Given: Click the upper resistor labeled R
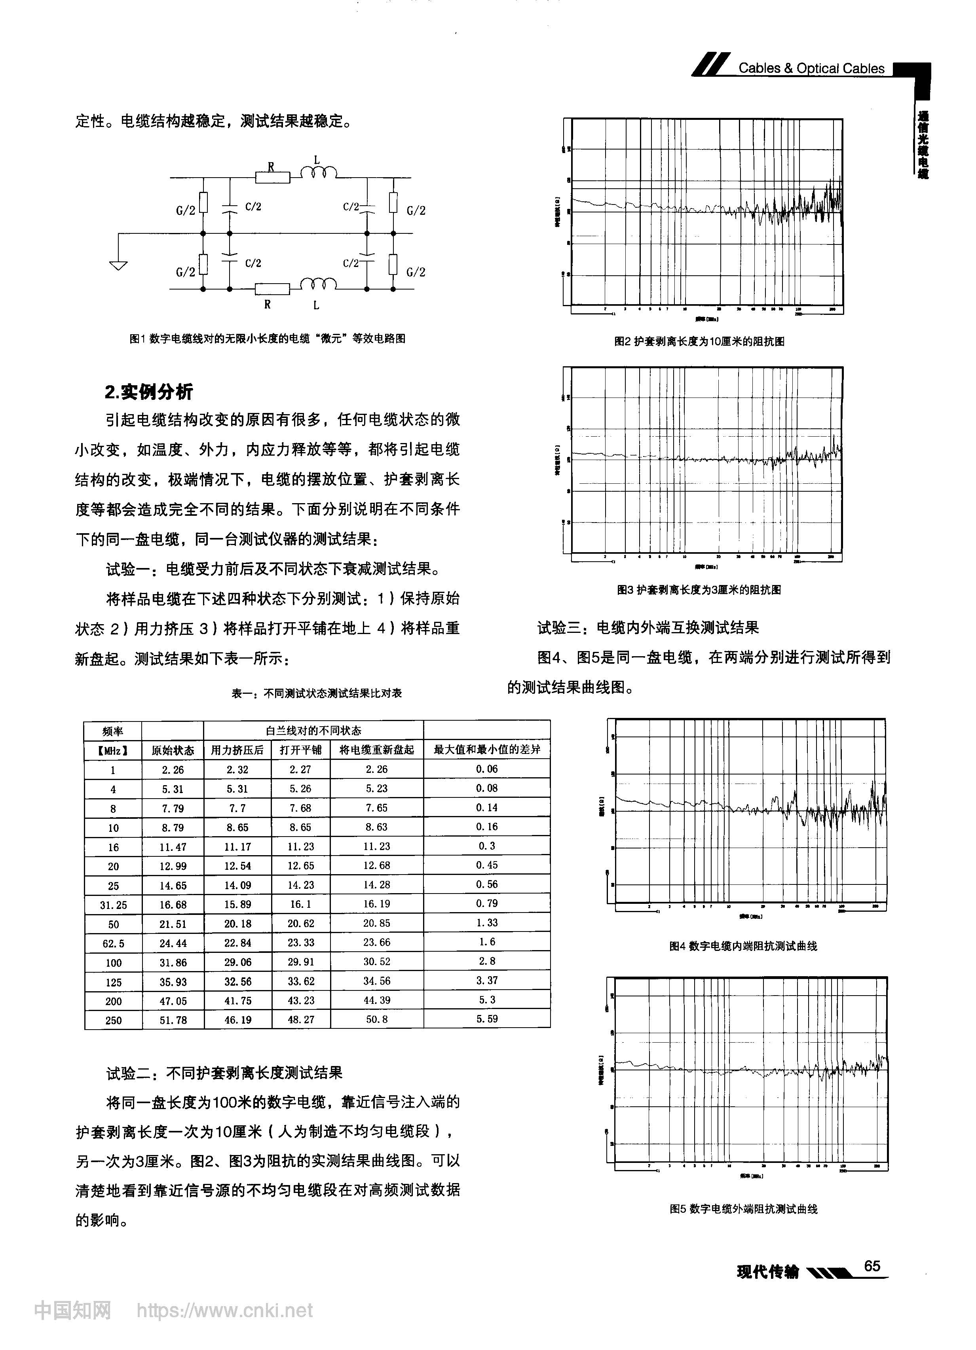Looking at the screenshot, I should point(272,177).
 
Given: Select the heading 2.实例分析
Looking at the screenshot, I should point(149,392).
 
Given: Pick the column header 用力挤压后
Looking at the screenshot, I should point(237,750).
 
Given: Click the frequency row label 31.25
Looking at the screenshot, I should point(113,905).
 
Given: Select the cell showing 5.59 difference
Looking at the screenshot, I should point(486,1019).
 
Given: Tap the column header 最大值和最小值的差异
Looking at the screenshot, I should point(486,750).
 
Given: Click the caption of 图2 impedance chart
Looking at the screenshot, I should point(699,342).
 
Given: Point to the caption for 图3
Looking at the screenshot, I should point(699,590).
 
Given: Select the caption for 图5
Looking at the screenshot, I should point(743,1209).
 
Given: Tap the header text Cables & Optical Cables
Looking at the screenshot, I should point(811,68).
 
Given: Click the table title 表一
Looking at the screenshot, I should point(316,693).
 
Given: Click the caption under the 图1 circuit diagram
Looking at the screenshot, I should point(268,339).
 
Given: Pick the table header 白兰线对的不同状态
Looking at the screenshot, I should point(313,730).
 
